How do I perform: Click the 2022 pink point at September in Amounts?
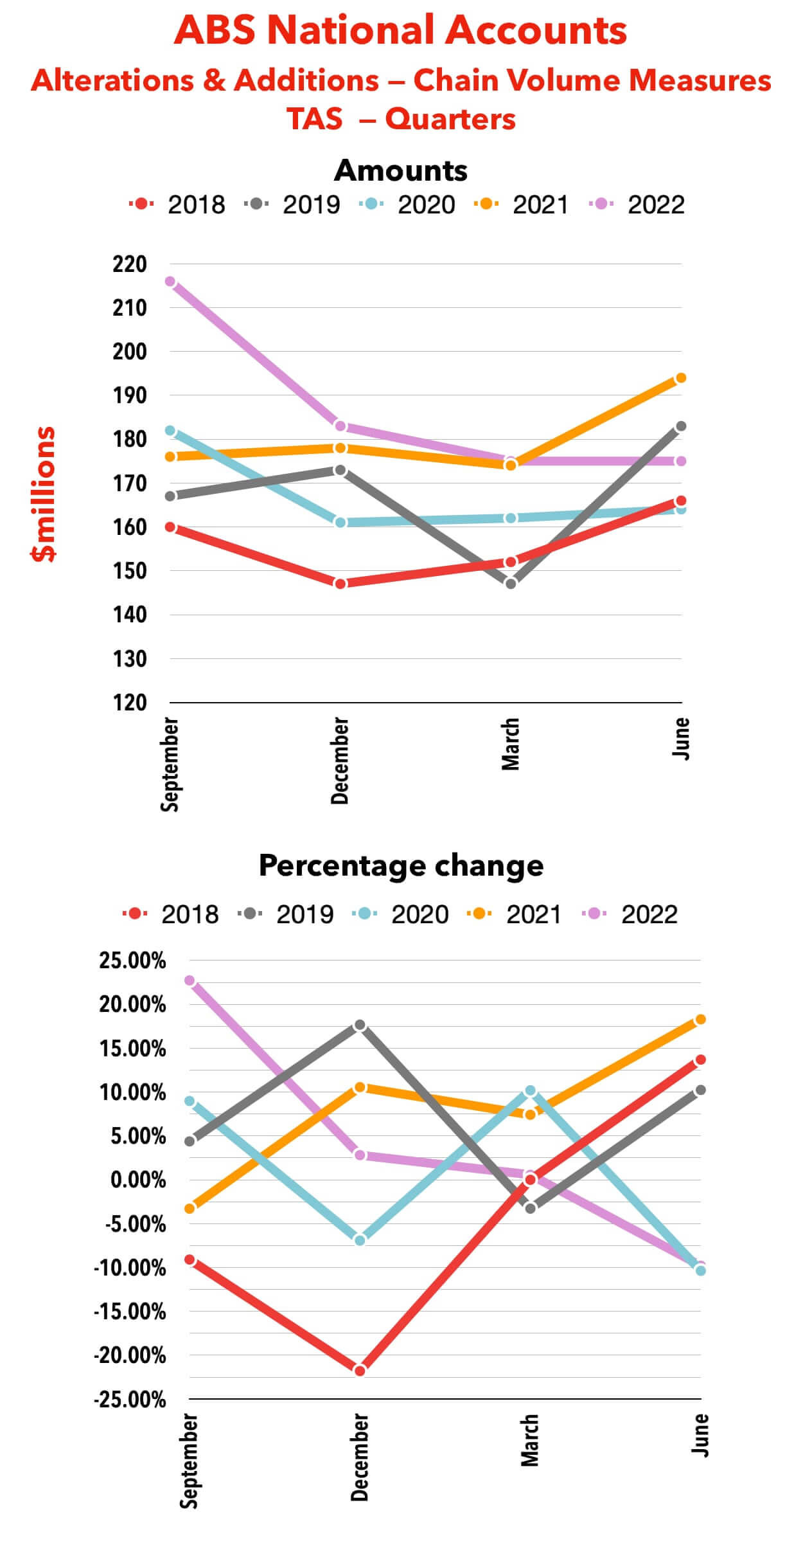[170, 282]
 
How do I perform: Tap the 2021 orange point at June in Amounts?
[681, 378]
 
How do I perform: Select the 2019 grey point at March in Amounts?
[511, 584]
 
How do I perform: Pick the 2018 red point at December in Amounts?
[340, 584]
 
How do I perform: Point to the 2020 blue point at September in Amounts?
[170, 431]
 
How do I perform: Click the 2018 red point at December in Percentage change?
[360, 1371]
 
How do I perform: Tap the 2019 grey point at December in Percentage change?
[360, 1025]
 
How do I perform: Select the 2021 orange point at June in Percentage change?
[700, 1020]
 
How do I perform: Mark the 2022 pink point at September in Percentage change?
[190, 980]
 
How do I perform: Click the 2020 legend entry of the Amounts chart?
[411, 204]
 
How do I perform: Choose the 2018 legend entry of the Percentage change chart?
[173, 914]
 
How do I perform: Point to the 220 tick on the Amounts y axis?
[130, 264]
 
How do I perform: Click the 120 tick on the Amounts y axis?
[130, 703]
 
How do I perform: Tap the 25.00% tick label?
[132, 961]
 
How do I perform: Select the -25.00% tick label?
[130, 1400]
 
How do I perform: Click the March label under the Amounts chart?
[511, 744]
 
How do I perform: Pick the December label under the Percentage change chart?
[360, 1457]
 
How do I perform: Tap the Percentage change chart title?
[401, 865]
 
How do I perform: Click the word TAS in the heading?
[314, 119]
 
